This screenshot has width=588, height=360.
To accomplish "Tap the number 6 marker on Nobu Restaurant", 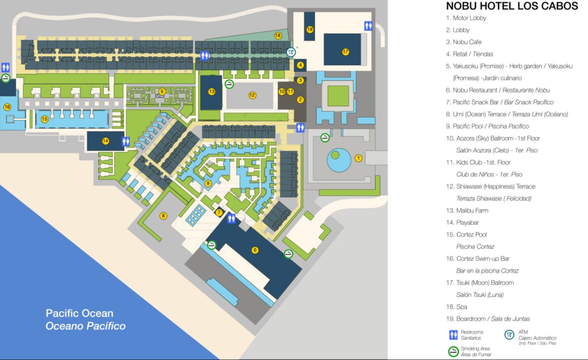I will tap(255, 250).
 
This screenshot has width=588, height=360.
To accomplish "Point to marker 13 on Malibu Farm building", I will tap(212, 91).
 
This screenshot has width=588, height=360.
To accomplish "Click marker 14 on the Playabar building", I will tap(105, 142).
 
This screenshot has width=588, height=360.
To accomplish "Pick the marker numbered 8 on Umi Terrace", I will tap(163, 215).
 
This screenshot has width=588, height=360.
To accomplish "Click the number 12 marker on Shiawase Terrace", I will tap(252, 95).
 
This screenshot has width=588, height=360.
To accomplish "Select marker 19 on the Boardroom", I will tap(309, 29).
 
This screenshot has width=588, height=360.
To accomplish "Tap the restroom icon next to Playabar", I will tap(125, 142).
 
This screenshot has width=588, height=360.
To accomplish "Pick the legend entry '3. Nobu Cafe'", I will tap(458, 42).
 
